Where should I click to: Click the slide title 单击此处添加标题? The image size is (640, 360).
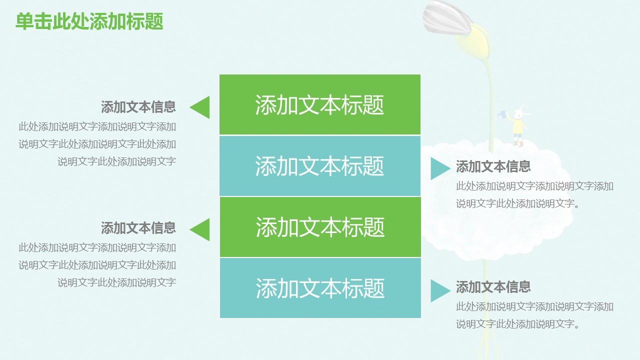(89, 21)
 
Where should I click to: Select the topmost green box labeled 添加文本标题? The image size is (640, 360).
(320, 104)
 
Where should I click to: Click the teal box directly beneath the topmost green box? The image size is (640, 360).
(320, 165)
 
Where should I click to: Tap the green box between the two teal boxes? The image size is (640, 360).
(320, 227)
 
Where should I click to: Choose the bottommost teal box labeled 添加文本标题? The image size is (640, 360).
(320, 288)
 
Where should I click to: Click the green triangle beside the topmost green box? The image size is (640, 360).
(200, 107)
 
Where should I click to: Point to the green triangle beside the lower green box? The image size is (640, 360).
(200, 229)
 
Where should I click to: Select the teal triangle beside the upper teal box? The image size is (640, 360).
(439, 168)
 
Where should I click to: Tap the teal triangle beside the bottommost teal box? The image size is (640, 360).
(439, 290)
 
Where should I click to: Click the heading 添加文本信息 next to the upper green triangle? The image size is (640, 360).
(138, 107)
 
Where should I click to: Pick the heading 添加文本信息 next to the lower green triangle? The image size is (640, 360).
(138, 228)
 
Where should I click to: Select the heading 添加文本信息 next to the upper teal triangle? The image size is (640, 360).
(493, 166)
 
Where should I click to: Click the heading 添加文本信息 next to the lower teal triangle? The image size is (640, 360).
(493, 287)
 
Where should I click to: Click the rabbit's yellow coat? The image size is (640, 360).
(518, 127)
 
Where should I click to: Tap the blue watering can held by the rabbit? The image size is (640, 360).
(501, 114)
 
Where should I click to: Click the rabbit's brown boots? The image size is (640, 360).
(518, 143)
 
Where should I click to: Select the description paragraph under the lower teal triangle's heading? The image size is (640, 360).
(534, 315)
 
